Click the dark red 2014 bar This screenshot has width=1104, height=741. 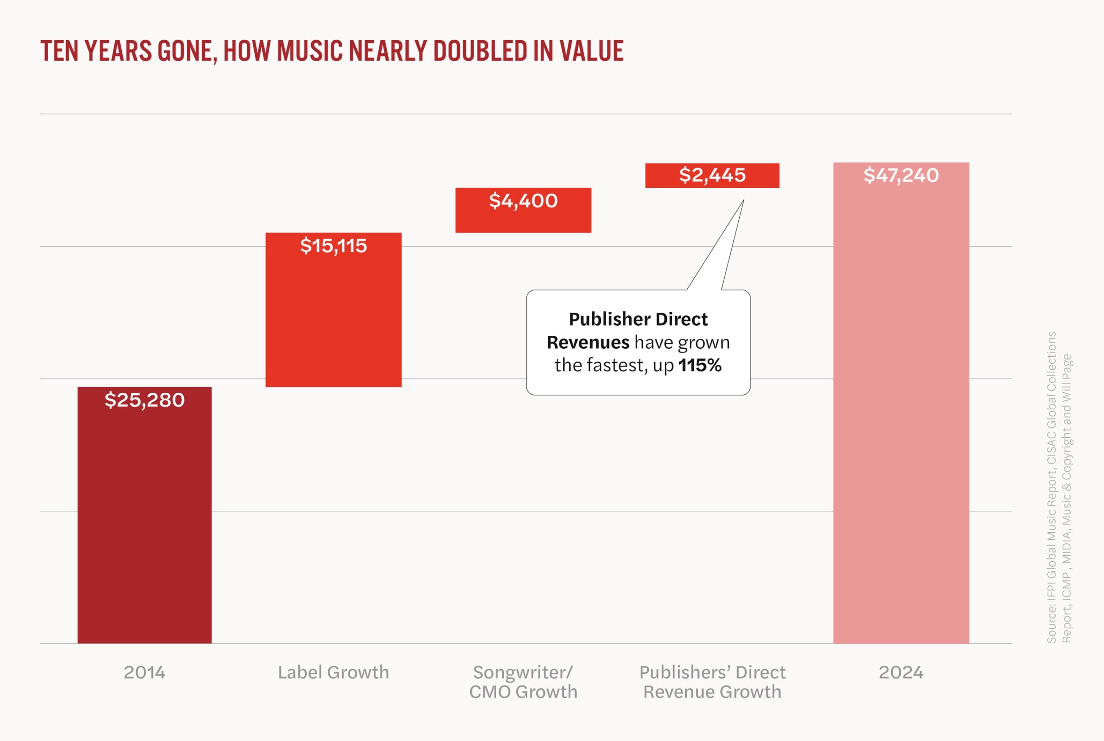pos(144,520)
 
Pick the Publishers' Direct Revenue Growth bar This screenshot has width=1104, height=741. pos(712,182)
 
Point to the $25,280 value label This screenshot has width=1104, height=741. pos(144,400)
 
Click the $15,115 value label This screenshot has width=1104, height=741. pos(333,246)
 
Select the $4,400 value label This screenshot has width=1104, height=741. pos(523,201)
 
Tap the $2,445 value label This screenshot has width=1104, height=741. pos(712,175)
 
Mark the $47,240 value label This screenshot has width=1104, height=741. pos(901,175)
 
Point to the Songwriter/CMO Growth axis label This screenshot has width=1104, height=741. pos(523,682)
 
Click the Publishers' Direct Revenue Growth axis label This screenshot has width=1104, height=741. pos(712,682)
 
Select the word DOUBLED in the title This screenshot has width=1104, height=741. pos(480,51)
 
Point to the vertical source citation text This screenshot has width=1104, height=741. pos(1059,487)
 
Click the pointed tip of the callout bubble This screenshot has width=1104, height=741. pos(743,200)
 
